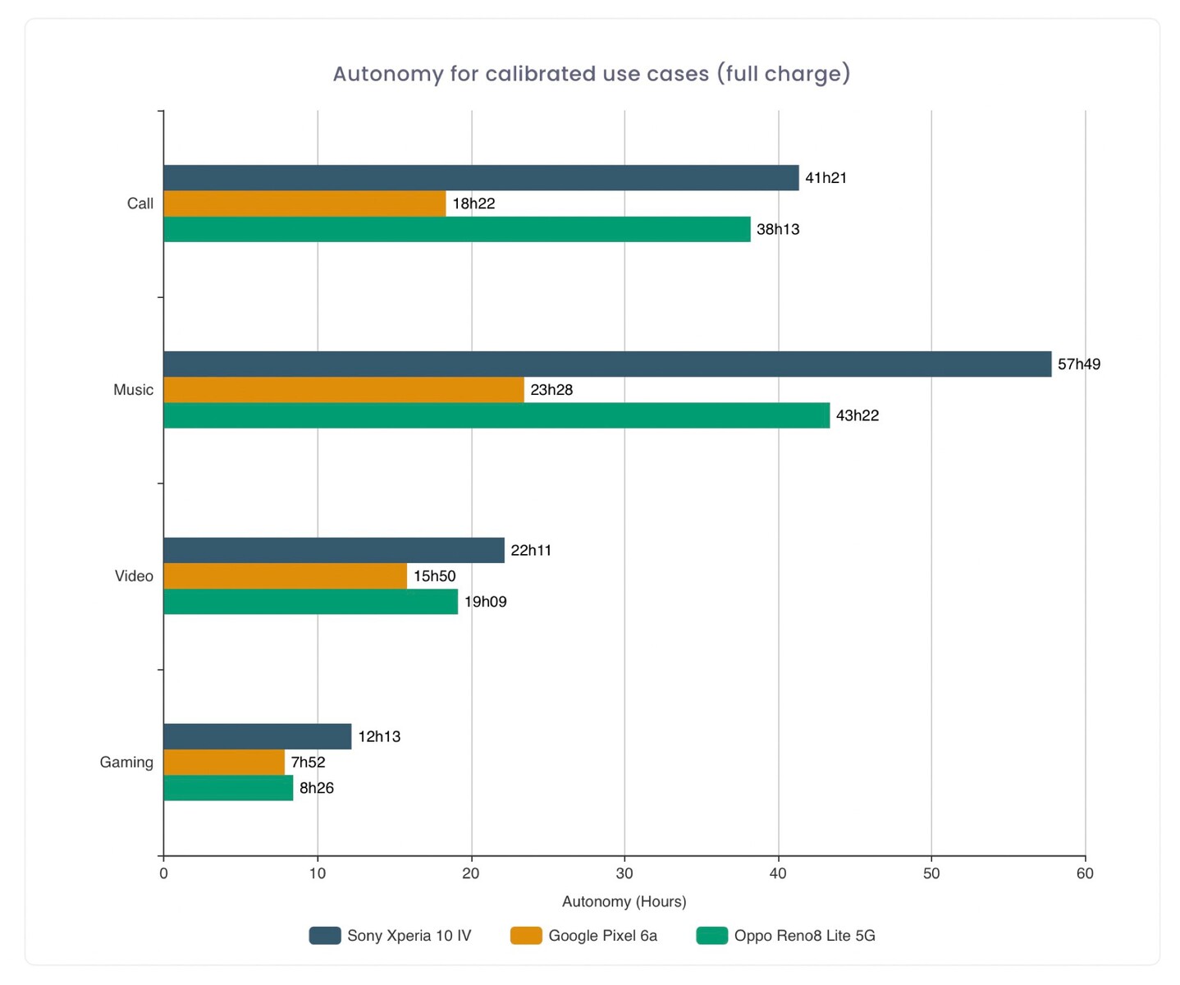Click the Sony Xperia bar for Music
[x=607, y=364]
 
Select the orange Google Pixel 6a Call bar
[x=304, y=204]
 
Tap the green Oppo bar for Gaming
[x=228, y=788]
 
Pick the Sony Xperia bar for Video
[x=334, y=551]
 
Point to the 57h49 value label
[x=1078, y=364]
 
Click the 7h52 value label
[x=308, y=763]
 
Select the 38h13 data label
[x=777, y=230]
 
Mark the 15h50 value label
[x=434, y=576]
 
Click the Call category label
[x=140, y=204]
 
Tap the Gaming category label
[x=126, y=763]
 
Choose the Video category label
[x=134, y=576]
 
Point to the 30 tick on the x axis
[x=624, y=873]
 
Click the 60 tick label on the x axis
[x=1085, y=873]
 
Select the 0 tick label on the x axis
[x=163, y=873]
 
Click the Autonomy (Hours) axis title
[x=624, y=901]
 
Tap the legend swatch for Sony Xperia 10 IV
[x=325, y=936]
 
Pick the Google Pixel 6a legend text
[x=602, y=936]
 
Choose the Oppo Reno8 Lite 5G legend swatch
[x=711, y=936]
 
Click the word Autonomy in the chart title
[x=388, y=74]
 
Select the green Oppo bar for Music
[x=496, y=415]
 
